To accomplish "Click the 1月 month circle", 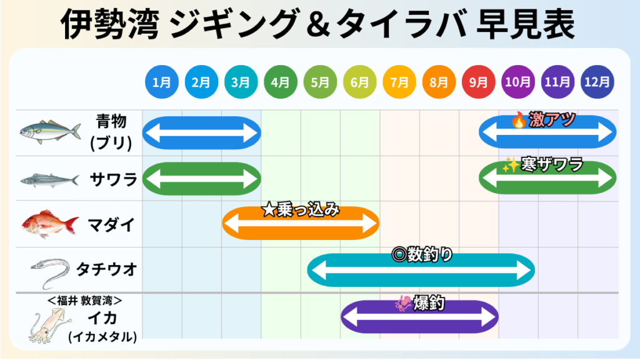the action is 162,82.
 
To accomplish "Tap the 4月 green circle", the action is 281,82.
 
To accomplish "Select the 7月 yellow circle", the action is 399,82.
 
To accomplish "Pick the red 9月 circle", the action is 478,82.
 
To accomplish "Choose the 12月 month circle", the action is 597,82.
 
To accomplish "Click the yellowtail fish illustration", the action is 50,131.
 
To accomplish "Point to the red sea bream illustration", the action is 50,224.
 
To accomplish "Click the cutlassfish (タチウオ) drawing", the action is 50,272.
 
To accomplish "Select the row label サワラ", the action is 113,179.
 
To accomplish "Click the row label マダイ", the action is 111,224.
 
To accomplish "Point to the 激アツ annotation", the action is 552,119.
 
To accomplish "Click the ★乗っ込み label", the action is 301,210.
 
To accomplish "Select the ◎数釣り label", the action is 422,255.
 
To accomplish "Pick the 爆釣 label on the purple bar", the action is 429,303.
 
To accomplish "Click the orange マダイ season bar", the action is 301,223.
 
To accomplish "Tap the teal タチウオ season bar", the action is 421,270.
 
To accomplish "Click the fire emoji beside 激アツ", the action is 519,120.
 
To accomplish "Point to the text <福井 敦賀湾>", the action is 85,301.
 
